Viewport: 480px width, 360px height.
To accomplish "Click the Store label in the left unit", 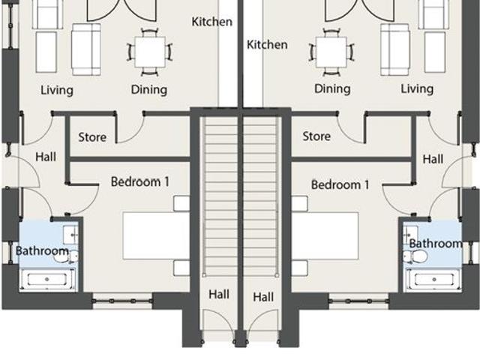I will [92, 137].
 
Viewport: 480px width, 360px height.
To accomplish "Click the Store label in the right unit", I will [316, 136].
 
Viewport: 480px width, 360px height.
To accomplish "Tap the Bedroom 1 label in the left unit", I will [140, 181].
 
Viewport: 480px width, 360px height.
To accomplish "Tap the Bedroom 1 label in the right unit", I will [340, 184].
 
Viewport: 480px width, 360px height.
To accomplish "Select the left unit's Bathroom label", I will [42, 250].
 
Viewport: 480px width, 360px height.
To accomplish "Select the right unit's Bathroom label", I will [435, 243].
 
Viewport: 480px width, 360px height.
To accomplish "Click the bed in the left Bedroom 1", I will [155, 235].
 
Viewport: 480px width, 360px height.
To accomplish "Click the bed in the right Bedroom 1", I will [325, 235].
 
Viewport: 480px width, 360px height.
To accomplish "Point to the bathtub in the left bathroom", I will [46, 279].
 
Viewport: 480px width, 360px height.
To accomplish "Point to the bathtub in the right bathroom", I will [433, 279].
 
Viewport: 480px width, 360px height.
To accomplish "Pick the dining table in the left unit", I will [150, 51].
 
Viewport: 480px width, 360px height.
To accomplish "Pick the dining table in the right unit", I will [331, 51].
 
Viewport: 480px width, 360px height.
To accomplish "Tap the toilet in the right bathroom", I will [417, 256].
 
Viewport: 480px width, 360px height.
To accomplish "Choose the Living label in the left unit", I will [56, 90].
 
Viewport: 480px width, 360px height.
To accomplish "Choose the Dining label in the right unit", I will [332, 88].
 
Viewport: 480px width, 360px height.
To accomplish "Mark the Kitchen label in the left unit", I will [212, 22].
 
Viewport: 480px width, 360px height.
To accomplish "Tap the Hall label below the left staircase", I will [219, 294].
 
